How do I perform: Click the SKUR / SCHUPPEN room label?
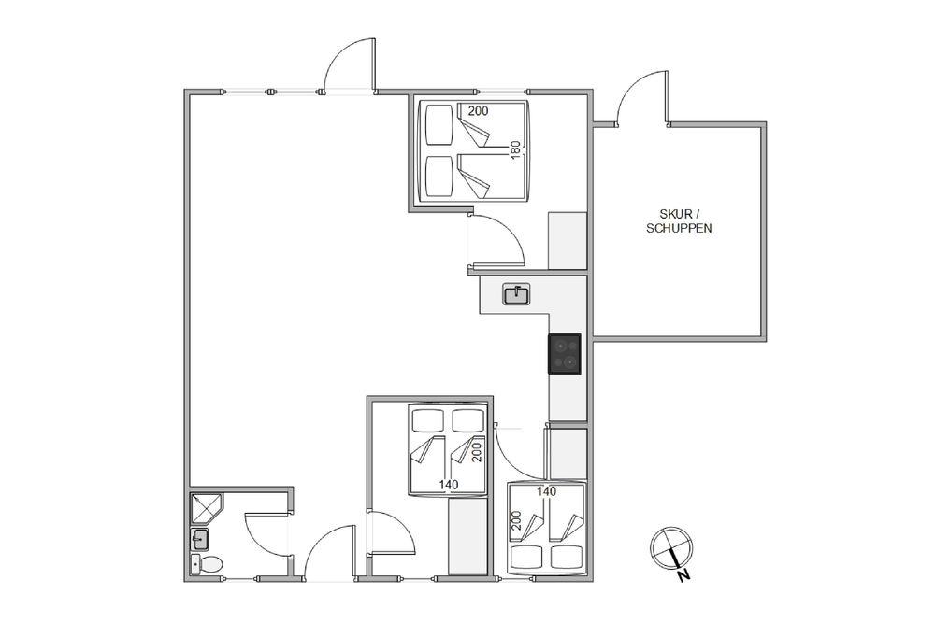click(x=679, y=221)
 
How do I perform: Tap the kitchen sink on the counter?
click(x=516, y=295)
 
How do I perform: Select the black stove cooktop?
click(x=564, y=354)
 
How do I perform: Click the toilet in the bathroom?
click(x=207, y=563)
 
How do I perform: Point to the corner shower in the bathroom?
click(x=206, y=508)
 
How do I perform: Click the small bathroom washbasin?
click(x=200, y=540)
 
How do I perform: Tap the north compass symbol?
click(x=671, y=548)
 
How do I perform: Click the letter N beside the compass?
click(x=684, y=576)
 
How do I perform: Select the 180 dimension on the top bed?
click(x=516, y=149)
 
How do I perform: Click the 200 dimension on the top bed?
click(x=478, y=111)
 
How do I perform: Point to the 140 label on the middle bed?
click(x=449, y=485)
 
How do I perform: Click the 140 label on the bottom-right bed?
click(x=546, y=491)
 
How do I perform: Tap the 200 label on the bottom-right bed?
click(x=516, y=521)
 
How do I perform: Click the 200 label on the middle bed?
click(x=477, y=452)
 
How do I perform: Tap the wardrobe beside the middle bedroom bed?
click(x=468, y=537)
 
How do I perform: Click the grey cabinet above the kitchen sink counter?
click(x=568, y=241)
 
